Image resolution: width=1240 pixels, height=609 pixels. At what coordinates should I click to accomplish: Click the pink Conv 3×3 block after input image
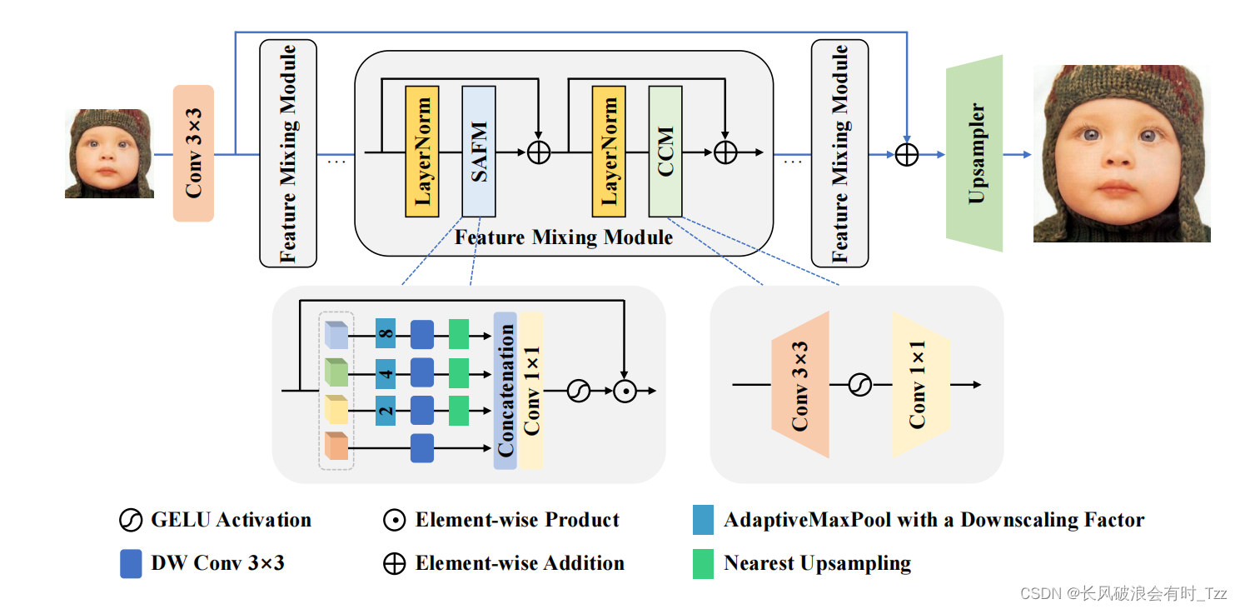193,153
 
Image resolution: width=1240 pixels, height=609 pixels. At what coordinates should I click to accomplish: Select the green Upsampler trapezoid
974,154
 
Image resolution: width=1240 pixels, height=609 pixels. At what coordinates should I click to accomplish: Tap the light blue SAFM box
479,152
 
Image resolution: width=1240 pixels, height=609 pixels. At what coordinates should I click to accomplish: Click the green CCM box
665,152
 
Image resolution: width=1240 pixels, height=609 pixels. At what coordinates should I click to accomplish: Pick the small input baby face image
109,153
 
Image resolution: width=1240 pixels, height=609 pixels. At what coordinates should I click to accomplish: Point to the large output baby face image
1121,154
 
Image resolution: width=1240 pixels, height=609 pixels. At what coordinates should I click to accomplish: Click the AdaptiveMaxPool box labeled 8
385,334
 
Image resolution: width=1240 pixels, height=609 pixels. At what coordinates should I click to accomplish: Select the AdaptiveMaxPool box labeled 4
385,372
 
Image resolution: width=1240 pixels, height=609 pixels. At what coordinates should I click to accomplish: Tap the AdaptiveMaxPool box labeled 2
385,411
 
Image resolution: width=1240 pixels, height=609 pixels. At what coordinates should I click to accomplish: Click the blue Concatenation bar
505,391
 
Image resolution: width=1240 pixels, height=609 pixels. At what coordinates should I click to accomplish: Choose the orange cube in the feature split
336,447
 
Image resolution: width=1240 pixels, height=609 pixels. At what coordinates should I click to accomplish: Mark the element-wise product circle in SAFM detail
625,391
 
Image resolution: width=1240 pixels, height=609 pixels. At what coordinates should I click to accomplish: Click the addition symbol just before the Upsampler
906,154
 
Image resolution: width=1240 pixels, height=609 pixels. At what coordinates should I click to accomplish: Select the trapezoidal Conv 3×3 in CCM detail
800,385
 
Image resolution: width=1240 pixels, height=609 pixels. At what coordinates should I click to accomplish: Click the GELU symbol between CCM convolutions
859,385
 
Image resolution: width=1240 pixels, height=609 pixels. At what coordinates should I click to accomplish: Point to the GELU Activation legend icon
132,521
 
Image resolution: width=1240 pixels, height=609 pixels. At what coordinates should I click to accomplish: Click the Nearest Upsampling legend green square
704,564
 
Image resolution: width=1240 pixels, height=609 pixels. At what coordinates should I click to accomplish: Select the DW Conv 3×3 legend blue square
132,564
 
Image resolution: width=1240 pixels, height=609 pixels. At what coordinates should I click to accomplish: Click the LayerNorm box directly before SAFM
422,152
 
